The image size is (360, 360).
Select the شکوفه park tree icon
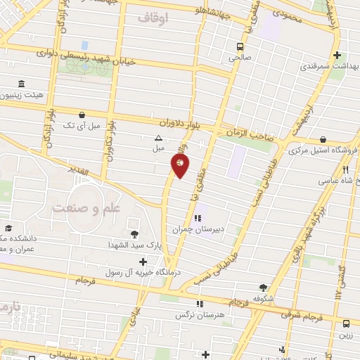point(263,288)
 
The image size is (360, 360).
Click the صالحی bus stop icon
point(239,48)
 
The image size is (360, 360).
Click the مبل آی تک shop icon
point(83,114)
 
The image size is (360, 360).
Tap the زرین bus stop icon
point(346,323)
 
